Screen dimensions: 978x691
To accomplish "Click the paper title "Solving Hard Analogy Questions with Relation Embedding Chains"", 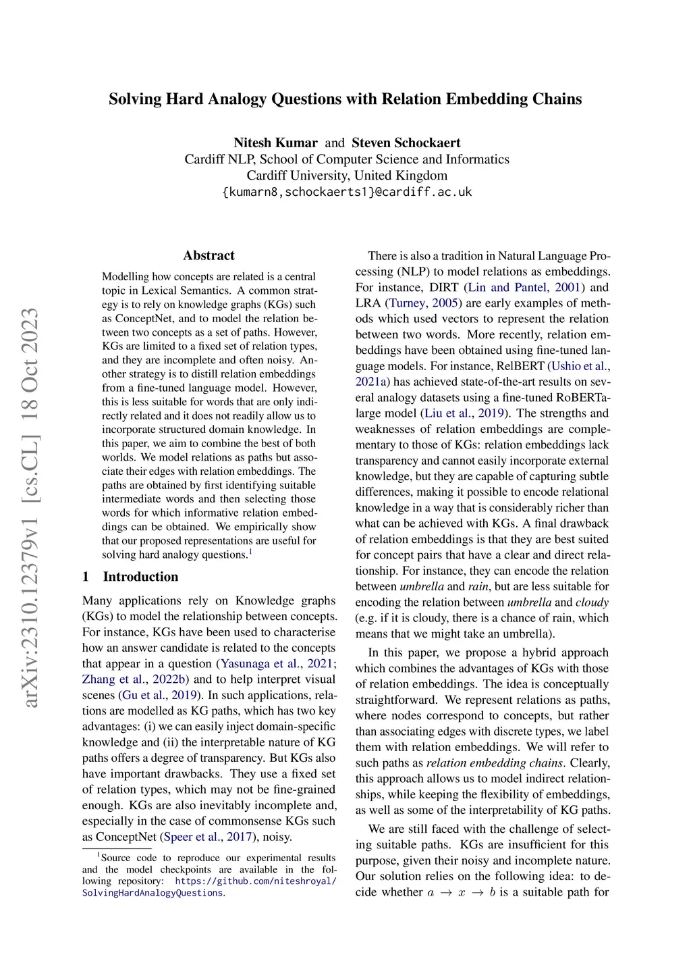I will point(345,99).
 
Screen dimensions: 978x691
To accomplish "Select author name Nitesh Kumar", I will point(275,143).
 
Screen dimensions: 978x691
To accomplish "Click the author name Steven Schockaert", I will point(406,143).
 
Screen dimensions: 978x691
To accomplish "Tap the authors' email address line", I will point(347,192).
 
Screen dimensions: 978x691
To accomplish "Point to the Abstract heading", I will point(209,255).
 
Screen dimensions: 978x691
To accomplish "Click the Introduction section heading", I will point(140,576).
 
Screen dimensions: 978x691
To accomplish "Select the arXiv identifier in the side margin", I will point(30,507).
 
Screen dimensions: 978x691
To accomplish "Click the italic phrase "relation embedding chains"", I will point(495,763).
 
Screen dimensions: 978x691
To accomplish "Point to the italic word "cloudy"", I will point(592,602).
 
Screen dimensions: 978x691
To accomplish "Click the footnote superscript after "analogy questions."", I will point(250,551).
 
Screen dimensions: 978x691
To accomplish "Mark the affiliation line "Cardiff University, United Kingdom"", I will point(347,176).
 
